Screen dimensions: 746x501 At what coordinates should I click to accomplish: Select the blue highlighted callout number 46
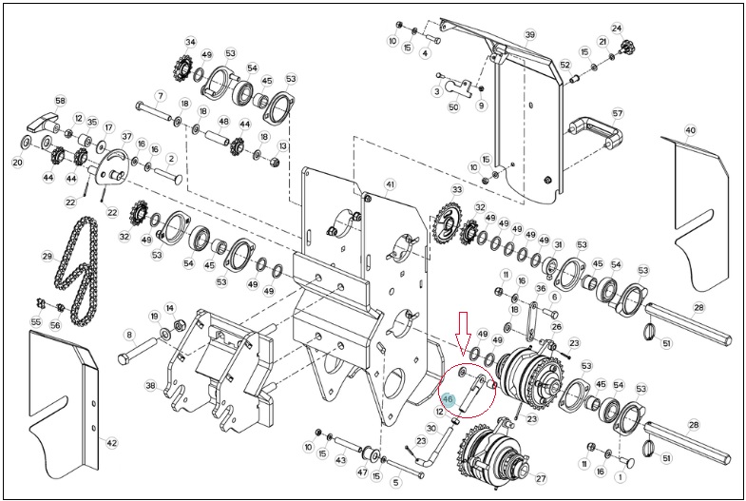click(449, 399)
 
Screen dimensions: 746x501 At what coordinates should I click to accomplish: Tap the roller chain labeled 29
click(77, 270)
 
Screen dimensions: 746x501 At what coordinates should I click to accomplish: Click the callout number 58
click(61, 101)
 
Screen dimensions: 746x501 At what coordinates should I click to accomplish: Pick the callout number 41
click(391, 184)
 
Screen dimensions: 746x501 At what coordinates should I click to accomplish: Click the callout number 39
click(530, 35)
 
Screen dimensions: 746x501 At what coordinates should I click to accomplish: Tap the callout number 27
click(541, 478)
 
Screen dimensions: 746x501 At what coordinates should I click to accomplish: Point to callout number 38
click(151, 386)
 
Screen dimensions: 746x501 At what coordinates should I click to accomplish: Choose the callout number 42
click(111, 443)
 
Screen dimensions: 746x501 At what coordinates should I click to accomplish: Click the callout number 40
click(690, 130)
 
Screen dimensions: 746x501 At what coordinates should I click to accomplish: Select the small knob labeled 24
click(628, 48)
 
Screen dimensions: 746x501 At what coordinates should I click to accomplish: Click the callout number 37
click(126, 137)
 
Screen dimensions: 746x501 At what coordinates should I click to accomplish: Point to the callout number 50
click(454, 107)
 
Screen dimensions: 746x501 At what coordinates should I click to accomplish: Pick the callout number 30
click(431, 429)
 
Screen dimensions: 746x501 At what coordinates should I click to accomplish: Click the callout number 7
click(161, 96)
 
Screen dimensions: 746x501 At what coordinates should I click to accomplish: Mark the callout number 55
click(36, 322)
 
